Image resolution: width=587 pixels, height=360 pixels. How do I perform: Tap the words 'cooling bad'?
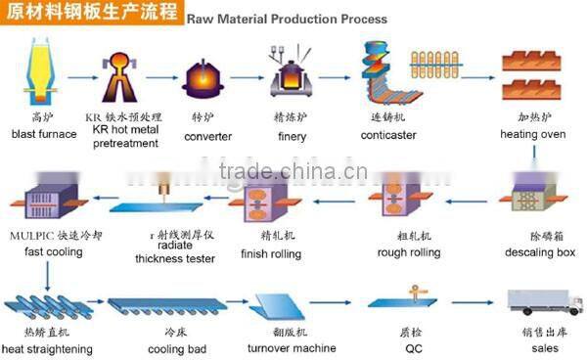coord(175,348)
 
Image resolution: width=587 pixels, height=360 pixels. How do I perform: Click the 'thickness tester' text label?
coord(162,258)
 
